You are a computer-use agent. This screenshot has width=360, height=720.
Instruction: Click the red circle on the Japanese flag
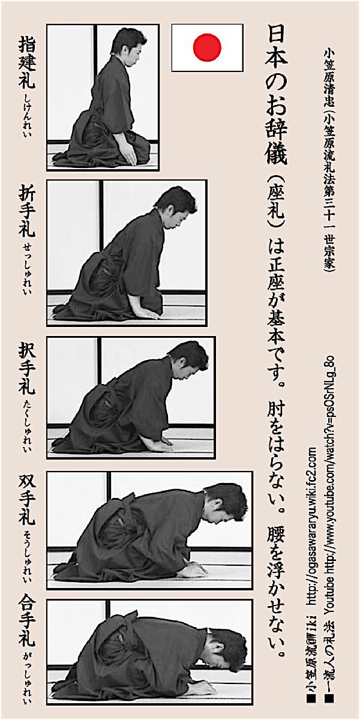pyautogui.click(x=208, y=47)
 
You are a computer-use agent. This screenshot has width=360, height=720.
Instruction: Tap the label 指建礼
pyautogui.click(x=26, y=62)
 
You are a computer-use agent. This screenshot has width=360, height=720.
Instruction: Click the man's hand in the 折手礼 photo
pyautogui.click(x=147, y=314)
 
